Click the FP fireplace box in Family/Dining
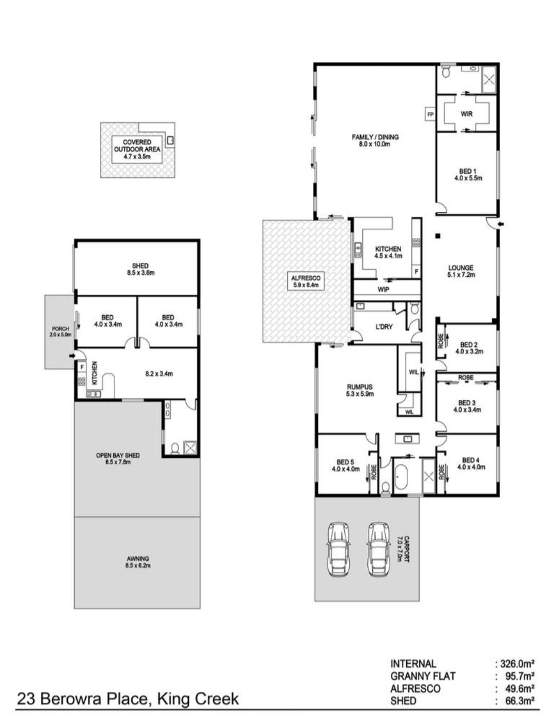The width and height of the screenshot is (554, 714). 430,114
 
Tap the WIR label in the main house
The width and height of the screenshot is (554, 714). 467,114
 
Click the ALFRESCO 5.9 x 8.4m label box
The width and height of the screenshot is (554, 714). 305,281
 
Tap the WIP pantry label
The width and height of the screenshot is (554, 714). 383,290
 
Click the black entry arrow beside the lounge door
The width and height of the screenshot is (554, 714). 501,225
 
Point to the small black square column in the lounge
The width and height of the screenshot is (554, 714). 438,235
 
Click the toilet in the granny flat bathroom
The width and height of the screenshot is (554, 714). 175,448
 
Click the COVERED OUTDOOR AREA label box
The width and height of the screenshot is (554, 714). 137,149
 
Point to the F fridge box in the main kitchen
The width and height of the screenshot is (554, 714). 416,272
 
